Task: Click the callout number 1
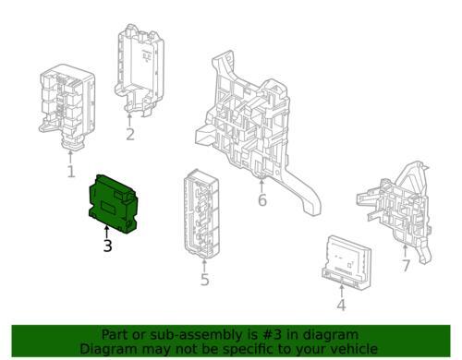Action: pos(71,172)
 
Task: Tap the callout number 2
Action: pos(130,135)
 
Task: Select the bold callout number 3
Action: pos(107,246)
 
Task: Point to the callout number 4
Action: pos(341,306)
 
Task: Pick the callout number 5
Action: pos(205,280)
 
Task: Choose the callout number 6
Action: pos(262,200)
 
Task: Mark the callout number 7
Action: pos(406,266)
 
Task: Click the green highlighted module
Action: pos(113,204)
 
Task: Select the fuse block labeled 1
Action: pos(67,106)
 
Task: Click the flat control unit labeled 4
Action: pos(346,262)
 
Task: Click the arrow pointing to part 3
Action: pos(107,233)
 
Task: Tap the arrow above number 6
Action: pos(261,186)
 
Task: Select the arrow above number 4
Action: pos(341,292)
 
